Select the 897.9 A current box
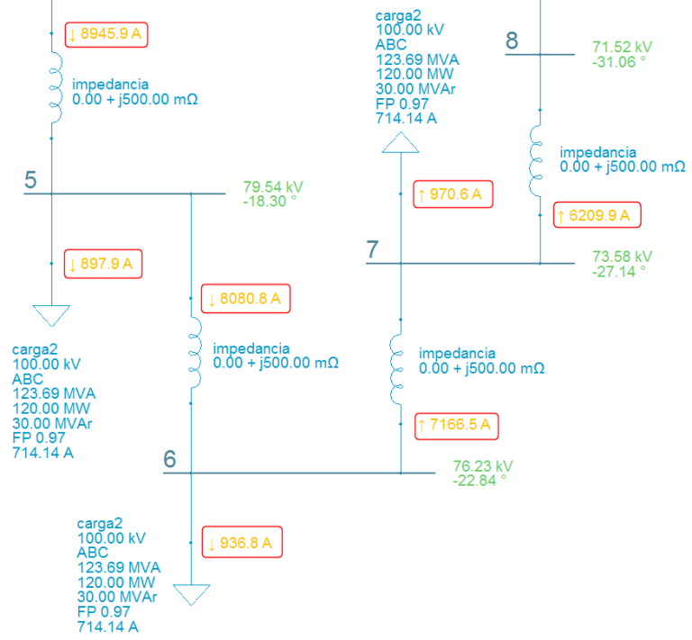tap(105, 264)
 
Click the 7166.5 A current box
tap(457, 425)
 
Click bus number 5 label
tap(32, 180)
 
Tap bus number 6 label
tap(170, 459)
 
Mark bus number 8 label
tap(512, 41)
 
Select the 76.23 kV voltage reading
tap(483, 466)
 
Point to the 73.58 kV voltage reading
tap(622, 257)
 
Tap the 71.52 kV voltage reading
tap(622, 48)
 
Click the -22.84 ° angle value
tap(479, 480)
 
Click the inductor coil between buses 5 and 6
tap(192, 351)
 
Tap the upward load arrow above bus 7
tap(399, 143)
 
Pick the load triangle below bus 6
tap(191, 595)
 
